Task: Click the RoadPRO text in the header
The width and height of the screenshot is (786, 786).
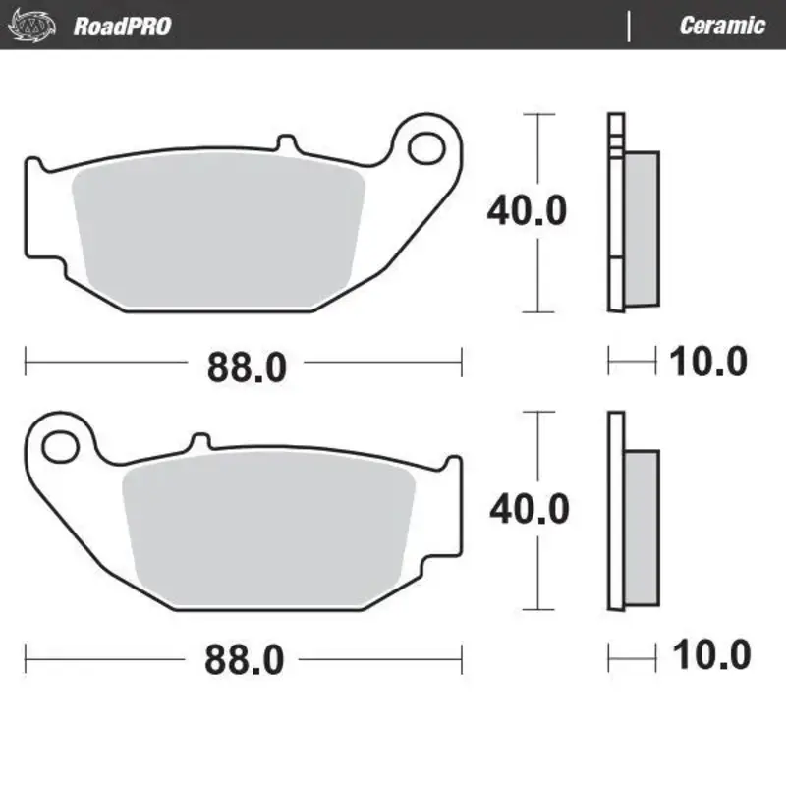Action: [122, 26]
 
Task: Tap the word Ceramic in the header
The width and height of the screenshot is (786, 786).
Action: [722, 26]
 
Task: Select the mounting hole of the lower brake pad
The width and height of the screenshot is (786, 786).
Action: [61, 444]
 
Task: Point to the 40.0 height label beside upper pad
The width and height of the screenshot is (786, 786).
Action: [528, 210]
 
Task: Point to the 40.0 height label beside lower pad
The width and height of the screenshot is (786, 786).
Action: [529, 508]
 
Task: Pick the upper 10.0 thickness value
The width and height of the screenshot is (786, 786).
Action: [707, 363]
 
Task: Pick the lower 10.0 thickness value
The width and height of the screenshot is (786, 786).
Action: [709, 654]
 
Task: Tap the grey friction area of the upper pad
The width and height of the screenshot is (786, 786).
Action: [221, 231]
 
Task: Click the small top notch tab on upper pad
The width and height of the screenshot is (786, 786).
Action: [285, 144]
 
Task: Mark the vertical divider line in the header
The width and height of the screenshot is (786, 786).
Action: [629, 26]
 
